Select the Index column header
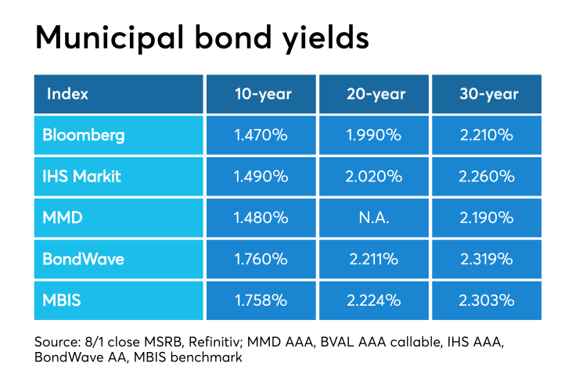pos(67,94)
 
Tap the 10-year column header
pos(262,94)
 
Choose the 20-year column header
pos(376,94)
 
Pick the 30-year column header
pos(488,94)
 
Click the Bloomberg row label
pos(84,135)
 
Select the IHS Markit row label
pos(83,177)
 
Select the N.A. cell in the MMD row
pos(376,217)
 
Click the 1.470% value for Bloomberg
pos(262,135)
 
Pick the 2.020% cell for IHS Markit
pos(376,177)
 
